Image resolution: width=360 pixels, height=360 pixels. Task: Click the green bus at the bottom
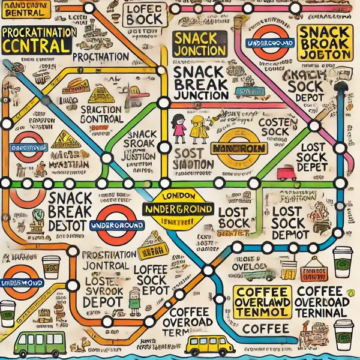pyautogui.click(x=39, y=343)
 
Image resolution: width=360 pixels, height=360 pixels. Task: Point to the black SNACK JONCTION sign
pyautogui.click(x=191, y=44)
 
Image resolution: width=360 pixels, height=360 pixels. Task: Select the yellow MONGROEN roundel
pyautogui.click(x=239, y=149)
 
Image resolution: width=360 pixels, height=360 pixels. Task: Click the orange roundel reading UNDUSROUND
pyautogui.click(x=22, y=282)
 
